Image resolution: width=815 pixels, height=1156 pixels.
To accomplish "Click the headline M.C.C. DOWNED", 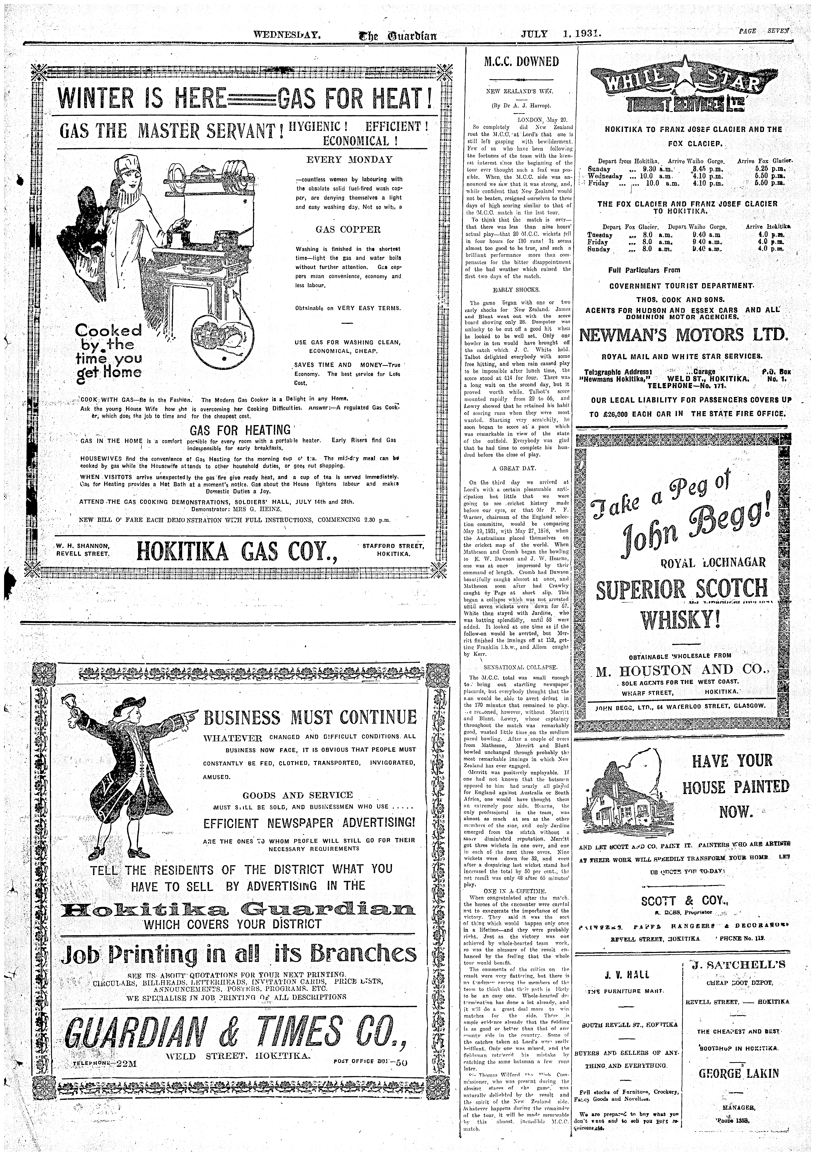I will tap(521, 62).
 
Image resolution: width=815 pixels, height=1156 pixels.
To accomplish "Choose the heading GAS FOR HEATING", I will tap(240, 430).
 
